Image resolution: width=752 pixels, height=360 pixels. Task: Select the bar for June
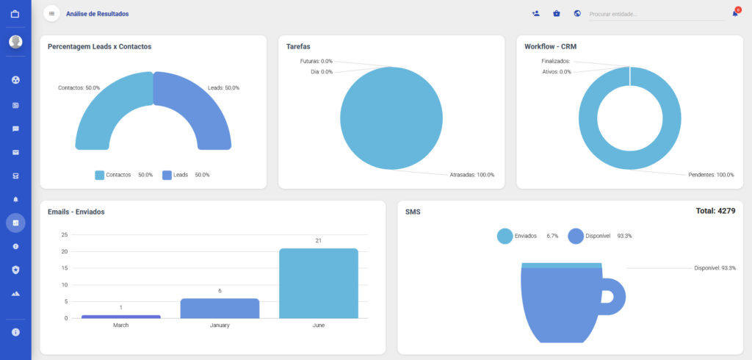click(319, 283)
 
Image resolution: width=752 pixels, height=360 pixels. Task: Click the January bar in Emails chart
click(220, 308)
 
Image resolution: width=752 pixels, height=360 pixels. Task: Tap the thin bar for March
click(121, 317)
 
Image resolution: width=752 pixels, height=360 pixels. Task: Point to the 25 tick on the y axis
click(65, 234)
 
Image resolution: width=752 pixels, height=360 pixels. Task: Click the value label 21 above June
click(319, 240)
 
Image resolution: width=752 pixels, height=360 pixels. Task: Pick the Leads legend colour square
click(167, 175)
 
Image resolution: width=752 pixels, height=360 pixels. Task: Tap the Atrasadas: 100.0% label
click(472, 175)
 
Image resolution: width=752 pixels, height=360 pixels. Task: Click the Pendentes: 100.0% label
click(711, 175)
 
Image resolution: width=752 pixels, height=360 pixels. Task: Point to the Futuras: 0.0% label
click(316, 62)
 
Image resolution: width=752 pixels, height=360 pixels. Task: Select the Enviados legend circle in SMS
click(505, 236)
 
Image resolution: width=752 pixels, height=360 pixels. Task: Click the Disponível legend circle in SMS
click(576, 236)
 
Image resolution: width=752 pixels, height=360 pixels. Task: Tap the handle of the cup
click(618, 297)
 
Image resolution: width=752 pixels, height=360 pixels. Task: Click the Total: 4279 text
click(715, 211)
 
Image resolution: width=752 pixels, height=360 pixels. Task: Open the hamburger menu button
click(52, 13)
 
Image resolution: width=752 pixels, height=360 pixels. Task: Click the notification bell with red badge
click(736, 12)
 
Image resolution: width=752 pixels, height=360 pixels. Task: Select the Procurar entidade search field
click(657, 15)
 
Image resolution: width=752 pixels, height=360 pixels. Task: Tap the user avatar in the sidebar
click(15, 42)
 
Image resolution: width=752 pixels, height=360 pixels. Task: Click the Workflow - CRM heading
click(550, 46)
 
